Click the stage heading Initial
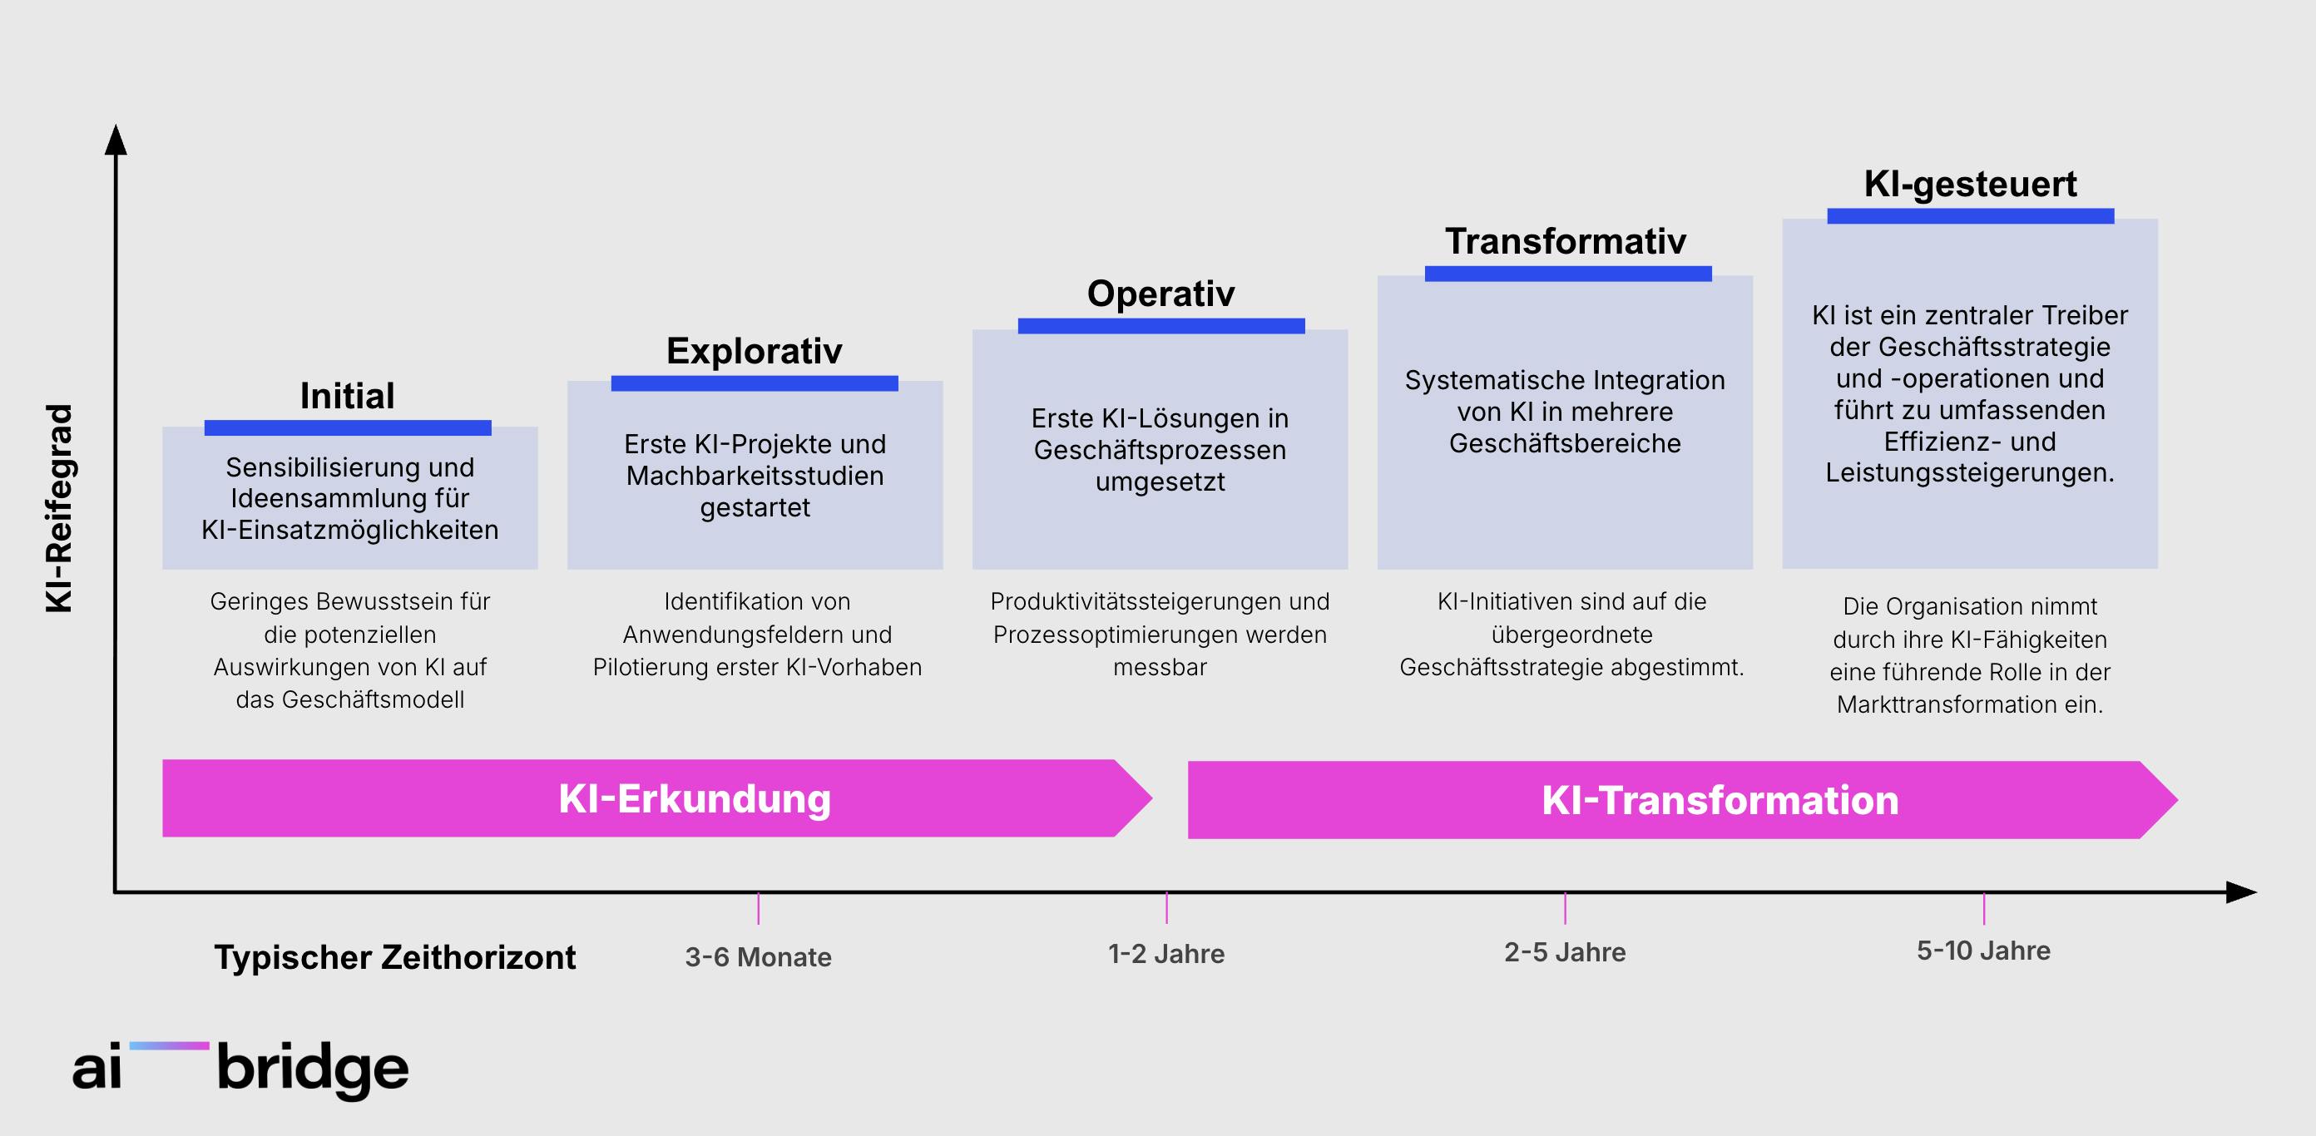pos(347,396)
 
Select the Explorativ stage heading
pos(755,350)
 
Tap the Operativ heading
pos(1160,294)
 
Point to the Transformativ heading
pos(1566,241)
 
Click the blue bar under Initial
pos(348,427)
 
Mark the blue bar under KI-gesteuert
pos(1971,215)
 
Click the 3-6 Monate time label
pos(758,957)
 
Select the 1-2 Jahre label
pos(1166,954)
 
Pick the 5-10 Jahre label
pos(1983,950)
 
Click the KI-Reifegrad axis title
pos(59,509)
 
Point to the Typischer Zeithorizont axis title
pos(394,957)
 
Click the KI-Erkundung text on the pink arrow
pos(694,798)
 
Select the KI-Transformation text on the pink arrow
pos(1720,800)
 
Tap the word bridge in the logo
pos(313,1069)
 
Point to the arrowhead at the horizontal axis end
pos(2241,892)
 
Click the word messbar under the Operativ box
pos(1160,667)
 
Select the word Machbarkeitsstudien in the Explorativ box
pos(755,476)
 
